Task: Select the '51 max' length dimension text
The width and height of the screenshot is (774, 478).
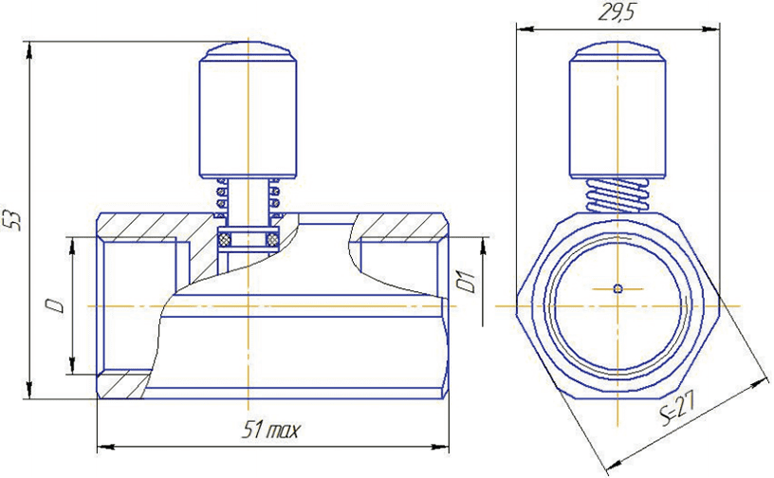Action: [269, 432]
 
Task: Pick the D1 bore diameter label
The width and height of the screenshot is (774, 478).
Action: [465, 282]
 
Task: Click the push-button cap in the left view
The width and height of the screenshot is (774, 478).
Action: [248, 114]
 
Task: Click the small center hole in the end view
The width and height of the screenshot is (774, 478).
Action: [617, 287]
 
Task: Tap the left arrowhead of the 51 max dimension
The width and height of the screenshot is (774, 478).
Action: [103, 444]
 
